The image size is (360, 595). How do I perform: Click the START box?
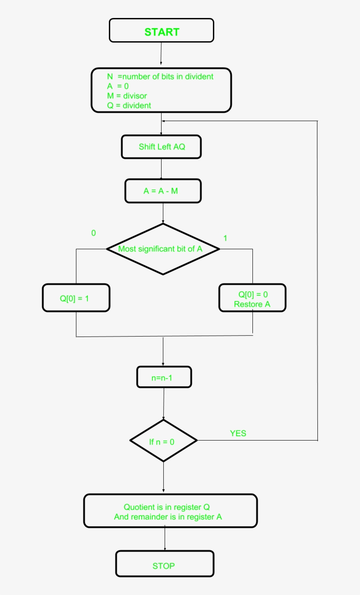coord(162,31)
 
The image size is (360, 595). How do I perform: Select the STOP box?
coord(165,564)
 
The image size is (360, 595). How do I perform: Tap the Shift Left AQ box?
coord(161,147)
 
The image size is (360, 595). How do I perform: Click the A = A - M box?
coord(163,191)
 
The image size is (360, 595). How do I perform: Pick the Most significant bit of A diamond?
coord(163,249)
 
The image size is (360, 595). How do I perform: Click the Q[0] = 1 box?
coord(76,298)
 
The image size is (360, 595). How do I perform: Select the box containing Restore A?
coord(252,298)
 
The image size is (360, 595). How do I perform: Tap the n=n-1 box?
coord(164,377)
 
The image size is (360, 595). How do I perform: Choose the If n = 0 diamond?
coord(163,441)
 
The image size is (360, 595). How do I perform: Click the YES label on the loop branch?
coord(238,434)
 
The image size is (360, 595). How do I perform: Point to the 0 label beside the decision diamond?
coord(93,233)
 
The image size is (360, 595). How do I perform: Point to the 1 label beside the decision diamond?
coord(225,238)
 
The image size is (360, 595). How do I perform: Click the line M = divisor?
coord(127,96)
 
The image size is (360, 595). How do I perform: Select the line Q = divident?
coord(129,105)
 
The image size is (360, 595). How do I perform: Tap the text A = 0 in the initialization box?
coord(118,86)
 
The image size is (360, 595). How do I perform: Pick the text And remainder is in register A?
coord(168,517)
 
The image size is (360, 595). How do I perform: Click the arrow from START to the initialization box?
coord(161,55)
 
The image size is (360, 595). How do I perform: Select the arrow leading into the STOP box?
coord(165,539)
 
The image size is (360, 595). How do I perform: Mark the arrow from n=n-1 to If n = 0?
coord(164,404)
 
